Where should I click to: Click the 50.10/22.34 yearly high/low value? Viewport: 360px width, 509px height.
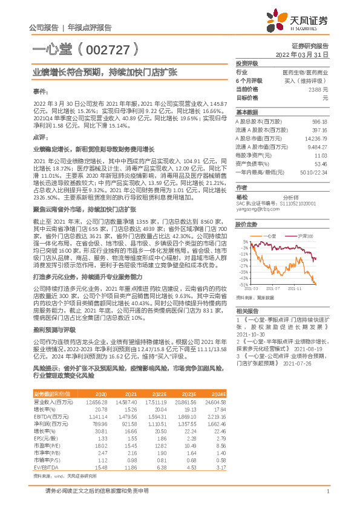pyautogui.click(x=314, y=172)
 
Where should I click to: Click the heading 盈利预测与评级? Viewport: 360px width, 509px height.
pyautogui.click(x=54, y=330)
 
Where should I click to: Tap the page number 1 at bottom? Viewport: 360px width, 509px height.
pyautogui.click(x=327, y=491)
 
